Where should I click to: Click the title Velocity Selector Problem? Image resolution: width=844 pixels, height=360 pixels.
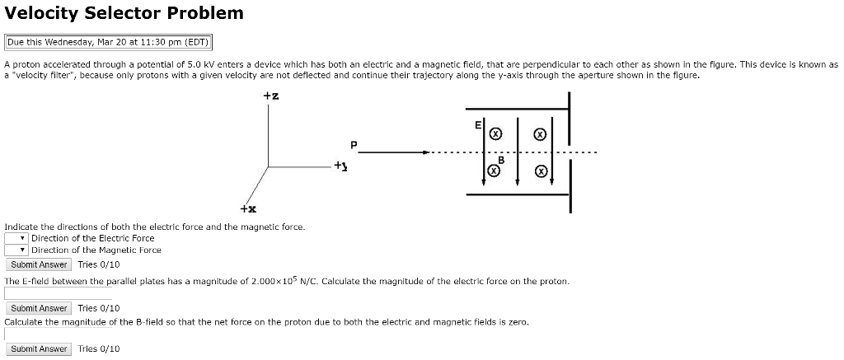124,13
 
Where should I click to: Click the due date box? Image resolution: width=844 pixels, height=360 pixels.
109,42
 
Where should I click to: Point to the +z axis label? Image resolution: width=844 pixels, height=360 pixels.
270,96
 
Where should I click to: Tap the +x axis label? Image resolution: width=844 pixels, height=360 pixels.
246,209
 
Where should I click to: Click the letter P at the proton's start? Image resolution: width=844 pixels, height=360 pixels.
354,145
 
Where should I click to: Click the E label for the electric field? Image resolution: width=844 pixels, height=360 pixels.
477,125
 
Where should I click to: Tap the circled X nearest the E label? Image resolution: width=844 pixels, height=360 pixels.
495,133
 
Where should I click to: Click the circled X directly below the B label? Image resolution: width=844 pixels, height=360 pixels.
494,171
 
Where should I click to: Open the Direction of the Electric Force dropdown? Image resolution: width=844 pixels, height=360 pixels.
16,238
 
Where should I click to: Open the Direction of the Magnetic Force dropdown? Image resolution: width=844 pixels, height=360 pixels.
16,250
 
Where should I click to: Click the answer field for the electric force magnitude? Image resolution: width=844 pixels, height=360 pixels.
58,292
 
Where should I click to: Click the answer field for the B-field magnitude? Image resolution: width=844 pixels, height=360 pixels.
58,334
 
